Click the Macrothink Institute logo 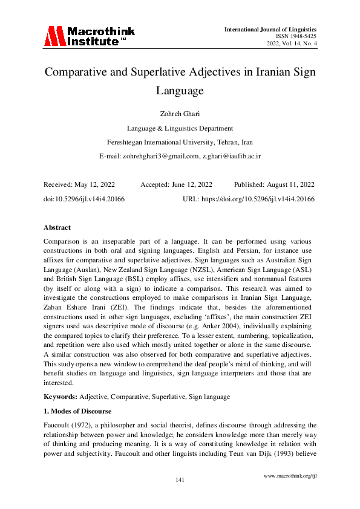coord(89,36)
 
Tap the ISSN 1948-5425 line coord(296,36)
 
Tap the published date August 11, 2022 coord(293,184)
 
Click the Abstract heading coord(57,227)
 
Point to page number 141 coord(180,479)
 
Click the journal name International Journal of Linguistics coord(270,28)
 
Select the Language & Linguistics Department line coord(180,128)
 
